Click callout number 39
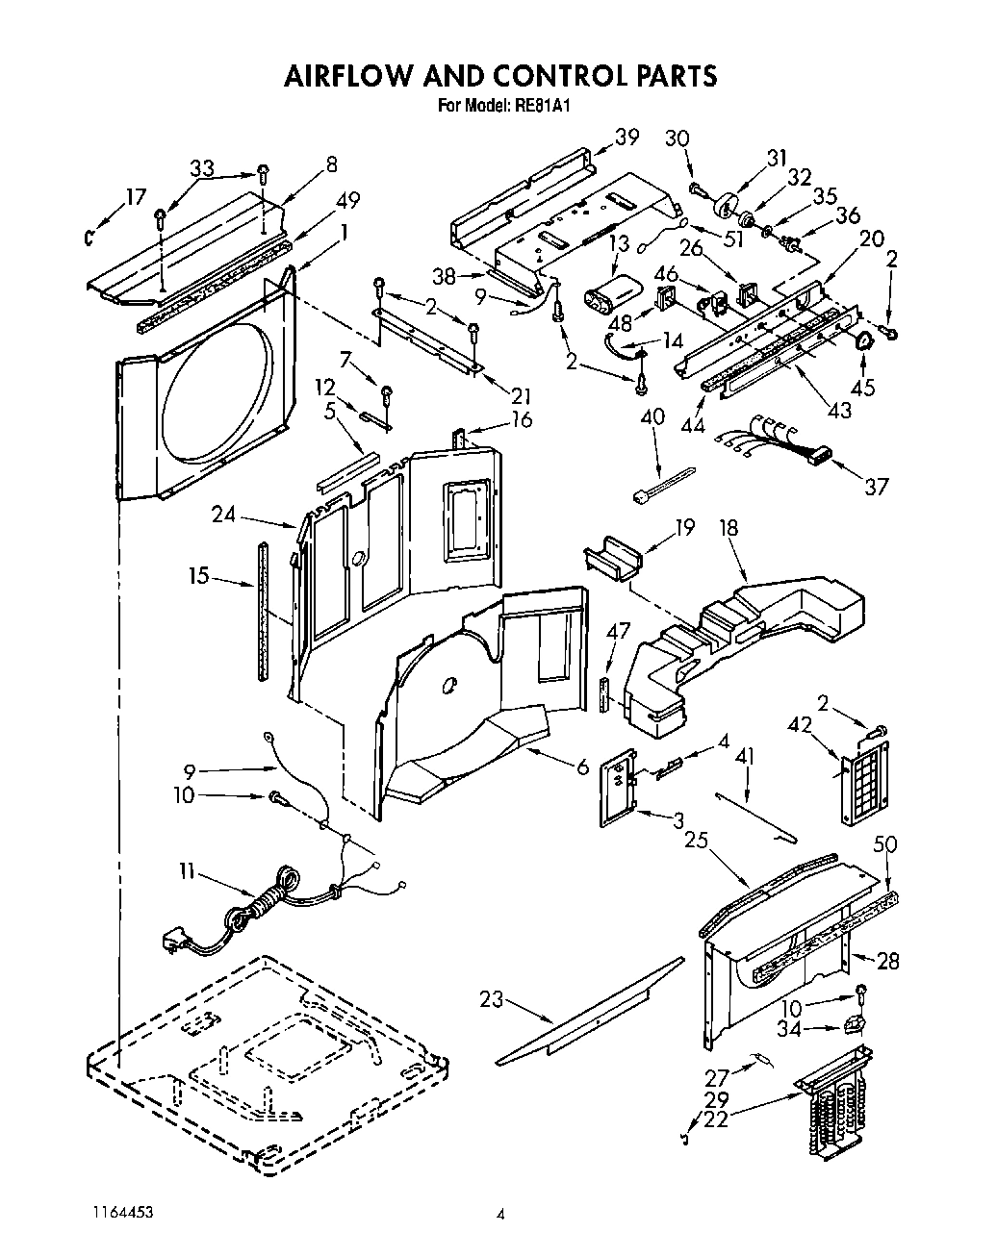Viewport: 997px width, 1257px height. tap(626, 138)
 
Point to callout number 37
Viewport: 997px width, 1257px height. tap(876, 487)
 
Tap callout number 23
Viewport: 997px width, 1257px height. tap(491, 999)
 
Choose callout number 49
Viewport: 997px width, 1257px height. tap(347, 200)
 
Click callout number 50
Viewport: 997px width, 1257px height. tap(885, 844)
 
